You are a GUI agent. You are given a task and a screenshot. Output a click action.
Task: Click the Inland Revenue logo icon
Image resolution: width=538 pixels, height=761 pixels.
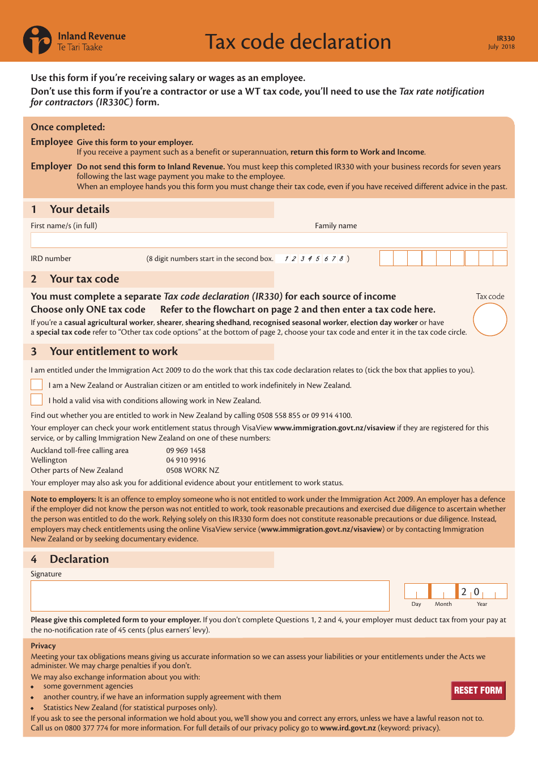37,40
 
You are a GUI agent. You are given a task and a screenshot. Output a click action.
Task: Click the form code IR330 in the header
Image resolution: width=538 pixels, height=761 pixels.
505,39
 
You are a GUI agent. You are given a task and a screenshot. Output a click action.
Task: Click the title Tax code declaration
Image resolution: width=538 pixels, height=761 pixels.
298,42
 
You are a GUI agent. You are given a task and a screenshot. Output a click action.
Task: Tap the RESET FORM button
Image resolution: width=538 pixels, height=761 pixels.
478,690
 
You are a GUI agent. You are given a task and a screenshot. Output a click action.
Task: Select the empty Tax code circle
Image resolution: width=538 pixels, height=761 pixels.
490,320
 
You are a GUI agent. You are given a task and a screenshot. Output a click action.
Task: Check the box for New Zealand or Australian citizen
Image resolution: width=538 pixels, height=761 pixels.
37,385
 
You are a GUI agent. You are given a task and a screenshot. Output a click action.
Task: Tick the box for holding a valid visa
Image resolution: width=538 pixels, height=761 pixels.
37,400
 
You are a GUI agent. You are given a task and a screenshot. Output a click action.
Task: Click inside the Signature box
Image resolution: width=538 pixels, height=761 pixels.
210,596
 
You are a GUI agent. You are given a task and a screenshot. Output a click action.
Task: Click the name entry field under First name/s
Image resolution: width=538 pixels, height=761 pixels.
268,240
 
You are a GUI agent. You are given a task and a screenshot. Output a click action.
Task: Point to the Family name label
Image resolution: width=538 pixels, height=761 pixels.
336,225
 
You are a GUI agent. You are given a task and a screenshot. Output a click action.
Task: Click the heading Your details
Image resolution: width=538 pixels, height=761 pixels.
79,210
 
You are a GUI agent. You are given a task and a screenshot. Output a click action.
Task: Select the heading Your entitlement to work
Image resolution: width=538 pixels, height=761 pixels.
113,352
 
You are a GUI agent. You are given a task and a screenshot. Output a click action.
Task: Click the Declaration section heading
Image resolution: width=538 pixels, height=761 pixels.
79,559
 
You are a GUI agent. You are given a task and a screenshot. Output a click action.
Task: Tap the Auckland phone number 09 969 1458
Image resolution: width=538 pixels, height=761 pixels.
186,451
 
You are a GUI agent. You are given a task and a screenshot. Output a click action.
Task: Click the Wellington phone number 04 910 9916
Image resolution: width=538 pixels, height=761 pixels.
186,460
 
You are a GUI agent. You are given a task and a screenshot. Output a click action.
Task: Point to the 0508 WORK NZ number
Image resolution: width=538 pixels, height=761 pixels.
193,471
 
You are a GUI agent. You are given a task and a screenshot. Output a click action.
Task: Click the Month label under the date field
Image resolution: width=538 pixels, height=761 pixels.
443,604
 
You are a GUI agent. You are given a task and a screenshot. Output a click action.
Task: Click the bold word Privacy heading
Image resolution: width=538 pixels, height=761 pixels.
43,645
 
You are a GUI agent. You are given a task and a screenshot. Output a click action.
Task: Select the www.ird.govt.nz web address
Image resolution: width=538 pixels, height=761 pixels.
347,728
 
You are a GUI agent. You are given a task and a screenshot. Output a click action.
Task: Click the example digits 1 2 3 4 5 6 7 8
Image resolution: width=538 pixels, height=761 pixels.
314,259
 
